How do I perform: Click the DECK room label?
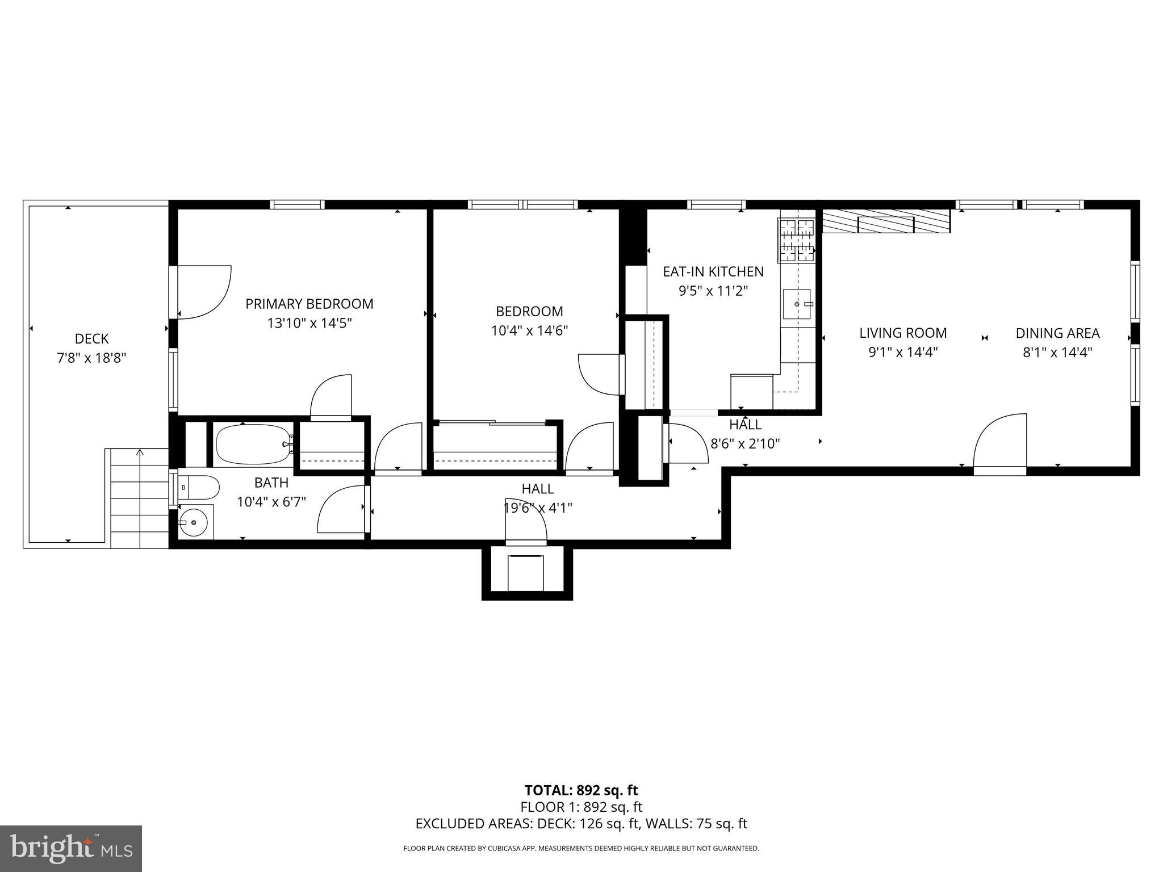91,339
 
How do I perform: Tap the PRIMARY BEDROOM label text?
309,304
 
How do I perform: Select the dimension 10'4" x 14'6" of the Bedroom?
529,330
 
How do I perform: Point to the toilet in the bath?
199,487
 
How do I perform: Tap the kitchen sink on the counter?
798,304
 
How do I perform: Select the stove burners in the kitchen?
797,241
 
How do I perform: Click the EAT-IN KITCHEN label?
713,271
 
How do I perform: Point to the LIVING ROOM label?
902,333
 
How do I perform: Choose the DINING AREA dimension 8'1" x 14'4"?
1057,353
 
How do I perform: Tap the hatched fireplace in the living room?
886,221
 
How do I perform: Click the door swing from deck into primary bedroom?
204,292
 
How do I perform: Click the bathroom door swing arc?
341,510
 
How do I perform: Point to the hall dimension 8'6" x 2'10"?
745,443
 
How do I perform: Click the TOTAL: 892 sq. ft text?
581,790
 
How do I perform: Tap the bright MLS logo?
71,848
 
